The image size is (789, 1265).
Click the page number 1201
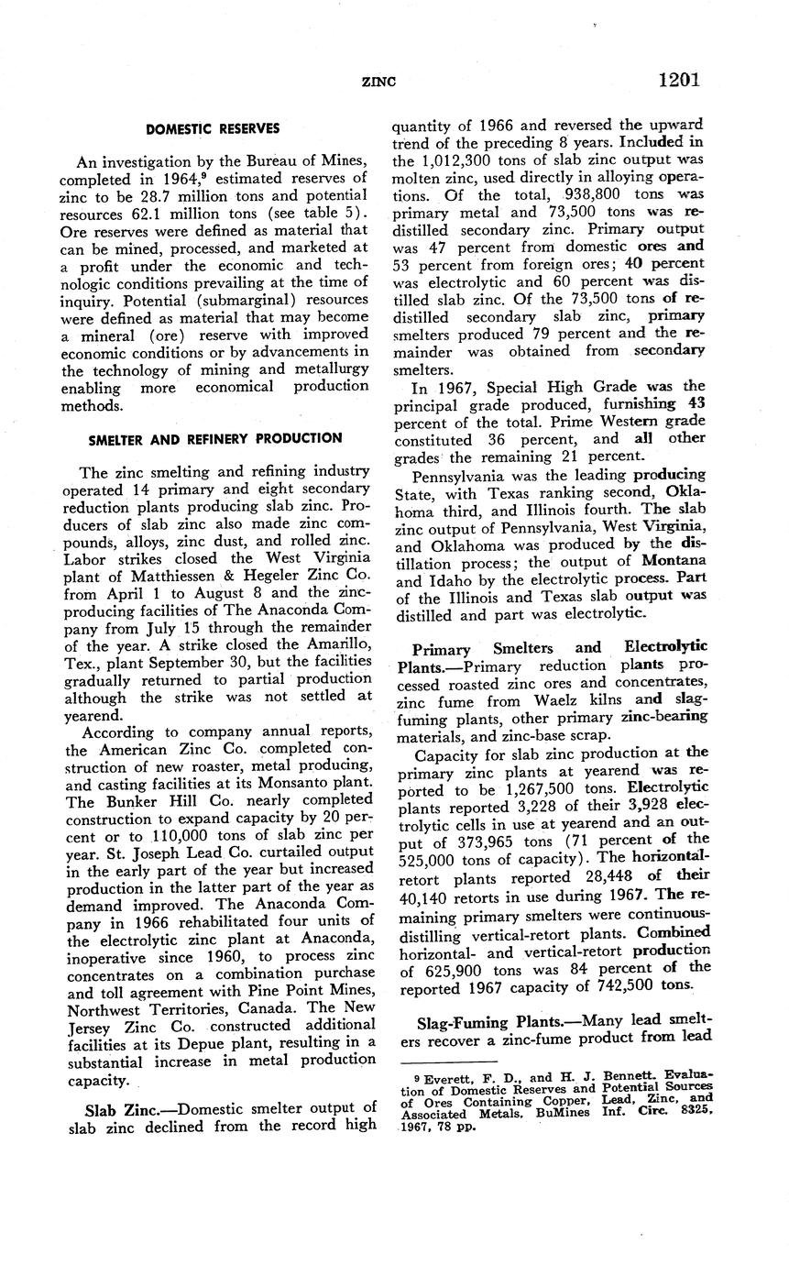[678, 80]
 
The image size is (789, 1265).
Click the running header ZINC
[379, 82]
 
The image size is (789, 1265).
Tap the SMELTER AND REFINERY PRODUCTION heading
[214, 438]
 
